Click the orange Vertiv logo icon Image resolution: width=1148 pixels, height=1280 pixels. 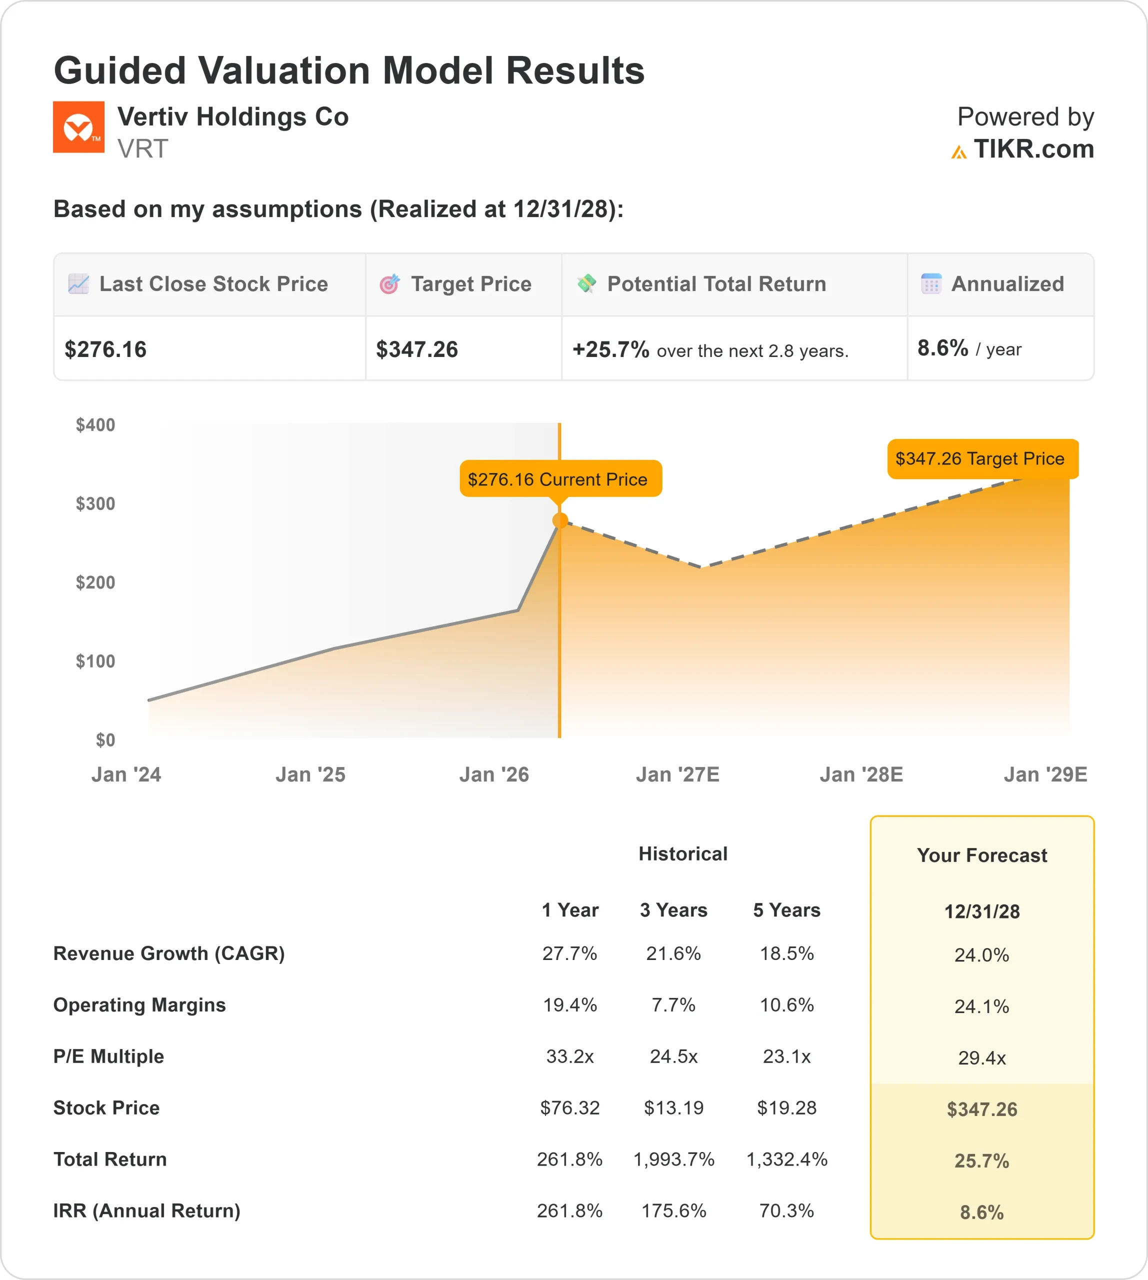pyautogui.click(x=78, y=127)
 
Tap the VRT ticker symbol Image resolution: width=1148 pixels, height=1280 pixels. pyautogui.click(x=142, y=149)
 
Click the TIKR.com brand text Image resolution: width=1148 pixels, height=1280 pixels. pyautogui.click(x=1033, y=149)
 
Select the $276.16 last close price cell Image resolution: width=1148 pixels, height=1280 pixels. pyautogui.click(x=105, y=349)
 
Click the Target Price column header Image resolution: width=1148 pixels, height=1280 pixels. pyautogui.click(x=470, y=284)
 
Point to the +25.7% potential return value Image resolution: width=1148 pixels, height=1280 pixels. pyautogui.click(x=610, y=349)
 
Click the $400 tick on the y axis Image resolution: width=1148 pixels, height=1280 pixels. pyautogui.click(x=95, y=424)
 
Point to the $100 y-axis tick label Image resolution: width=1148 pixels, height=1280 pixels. pyautogui.click(x=95, y=661)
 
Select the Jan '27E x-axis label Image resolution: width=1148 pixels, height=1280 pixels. pyautogui.click(x=677, y=774)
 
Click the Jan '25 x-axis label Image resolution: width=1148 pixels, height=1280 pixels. pyautogui.click(x=310, y=774)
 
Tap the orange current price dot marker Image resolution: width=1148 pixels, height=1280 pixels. pyautogui.click(x=559, y=520)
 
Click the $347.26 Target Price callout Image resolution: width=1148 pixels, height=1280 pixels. pyautogui.click(x=982, y=458)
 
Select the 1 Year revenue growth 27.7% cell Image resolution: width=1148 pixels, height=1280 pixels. pyautogui.click(x=569, y=953)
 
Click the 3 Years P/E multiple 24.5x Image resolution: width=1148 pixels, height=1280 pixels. pyautogui.click(x=673, y=1056)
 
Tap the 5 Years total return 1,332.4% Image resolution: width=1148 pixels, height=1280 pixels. pyautogui.click(x=786, y=1159)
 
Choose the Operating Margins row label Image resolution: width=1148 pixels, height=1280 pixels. pyautogui.click(x=139, y=1005)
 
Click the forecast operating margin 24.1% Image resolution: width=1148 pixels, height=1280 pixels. pyautogui.click(x=981, y=1006)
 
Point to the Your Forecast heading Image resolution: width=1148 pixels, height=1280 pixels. pyautogui.click(x=981, y=855)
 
